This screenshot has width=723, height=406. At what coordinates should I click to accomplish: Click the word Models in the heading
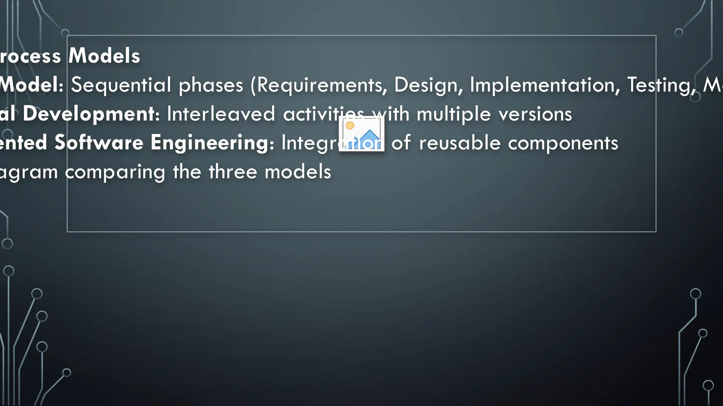click(104, 56)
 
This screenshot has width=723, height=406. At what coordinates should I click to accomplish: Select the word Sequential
click(121, 85)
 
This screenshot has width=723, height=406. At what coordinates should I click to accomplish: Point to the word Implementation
click(545, 85)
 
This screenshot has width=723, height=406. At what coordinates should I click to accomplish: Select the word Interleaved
click(221, 114)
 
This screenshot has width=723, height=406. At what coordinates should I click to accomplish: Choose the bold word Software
click(99, 143)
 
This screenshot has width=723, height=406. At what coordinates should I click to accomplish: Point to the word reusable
click(460, 143)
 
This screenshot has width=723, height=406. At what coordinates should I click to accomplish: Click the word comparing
click(115, 172)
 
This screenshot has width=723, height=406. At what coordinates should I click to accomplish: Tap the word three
click(232, 172)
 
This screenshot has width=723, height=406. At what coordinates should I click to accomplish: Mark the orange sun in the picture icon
click(350, 125)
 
